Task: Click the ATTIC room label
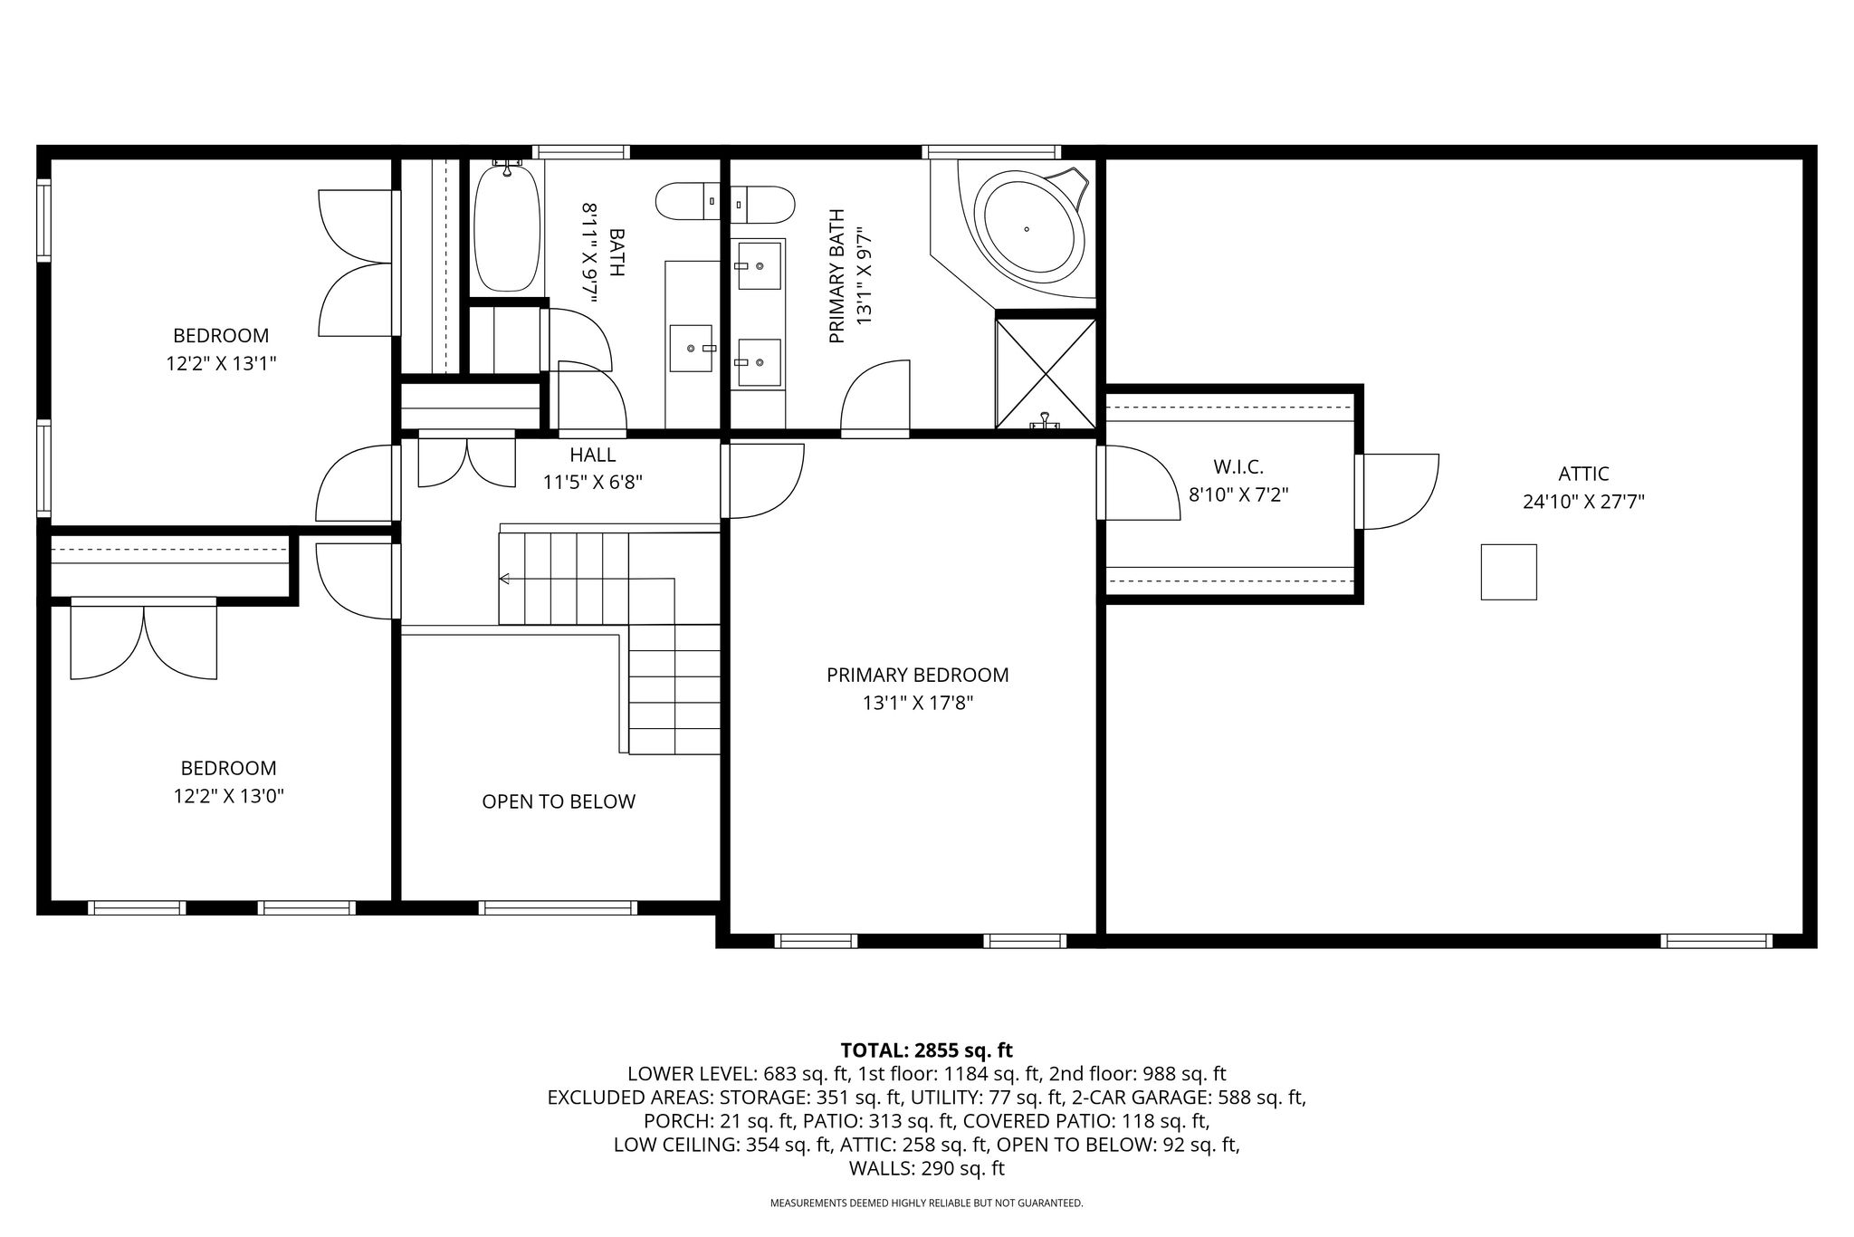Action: [1583, 474]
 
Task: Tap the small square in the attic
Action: [1508, 571]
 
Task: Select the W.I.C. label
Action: [1238, 467]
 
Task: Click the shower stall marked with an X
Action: [1046, 372]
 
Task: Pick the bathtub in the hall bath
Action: [507, 226]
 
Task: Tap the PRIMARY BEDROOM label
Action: [917, 675]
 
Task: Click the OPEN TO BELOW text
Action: [559, 801]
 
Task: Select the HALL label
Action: [593, 455]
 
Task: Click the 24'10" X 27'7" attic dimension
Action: [1583, 502]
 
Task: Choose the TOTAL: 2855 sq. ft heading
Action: [926, 1050]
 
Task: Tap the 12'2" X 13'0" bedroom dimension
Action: [229, 797]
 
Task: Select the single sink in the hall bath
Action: [691, 349]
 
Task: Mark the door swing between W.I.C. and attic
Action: [1401, 491]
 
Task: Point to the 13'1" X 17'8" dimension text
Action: [918, 703]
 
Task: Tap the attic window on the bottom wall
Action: [1716, 941]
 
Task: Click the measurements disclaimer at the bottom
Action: [926, 1203]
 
